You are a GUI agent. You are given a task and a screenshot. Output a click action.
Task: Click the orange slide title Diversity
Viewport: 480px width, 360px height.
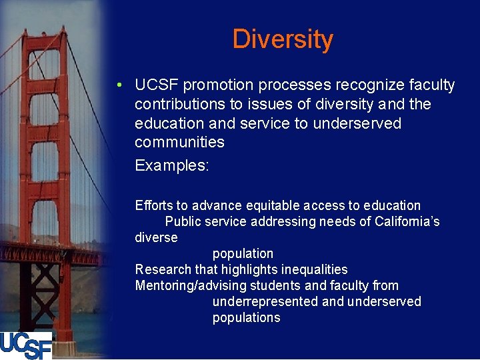(282, 39)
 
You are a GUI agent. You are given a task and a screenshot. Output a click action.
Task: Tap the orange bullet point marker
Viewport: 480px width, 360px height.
(118, 86)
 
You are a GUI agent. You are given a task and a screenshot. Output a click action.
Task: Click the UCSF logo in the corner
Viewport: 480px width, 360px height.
(25, 345)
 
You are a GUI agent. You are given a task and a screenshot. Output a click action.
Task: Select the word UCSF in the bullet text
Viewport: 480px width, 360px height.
(157, 85)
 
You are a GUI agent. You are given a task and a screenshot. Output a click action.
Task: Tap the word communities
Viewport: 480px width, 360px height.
(179, 142)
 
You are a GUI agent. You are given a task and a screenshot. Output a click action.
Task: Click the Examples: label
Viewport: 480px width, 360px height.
(172, 165)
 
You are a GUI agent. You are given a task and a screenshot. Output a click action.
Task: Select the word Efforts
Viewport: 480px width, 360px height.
(153, 205)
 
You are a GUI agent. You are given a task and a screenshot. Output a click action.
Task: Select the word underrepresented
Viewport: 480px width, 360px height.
(265, 301)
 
